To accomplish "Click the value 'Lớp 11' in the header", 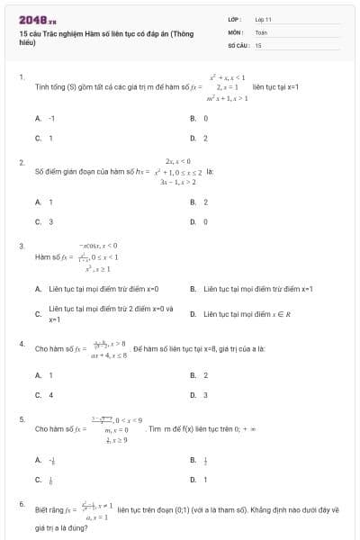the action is point(263,18).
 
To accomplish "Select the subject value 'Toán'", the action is point(261,31).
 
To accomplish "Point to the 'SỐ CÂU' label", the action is point(237,44).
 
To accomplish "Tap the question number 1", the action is point(21,77).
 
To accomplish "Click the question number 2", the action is point(21,161).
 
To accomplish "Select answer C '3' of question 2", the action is point(44,220).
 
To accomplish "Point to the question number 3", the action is point(21,245).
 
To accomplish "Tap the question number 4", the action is point(21,343).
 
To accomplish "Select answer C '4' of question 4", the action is point(44,394).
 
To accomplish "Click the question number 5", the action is point(21,419).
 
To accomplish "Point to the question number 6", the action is point(21,503).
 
